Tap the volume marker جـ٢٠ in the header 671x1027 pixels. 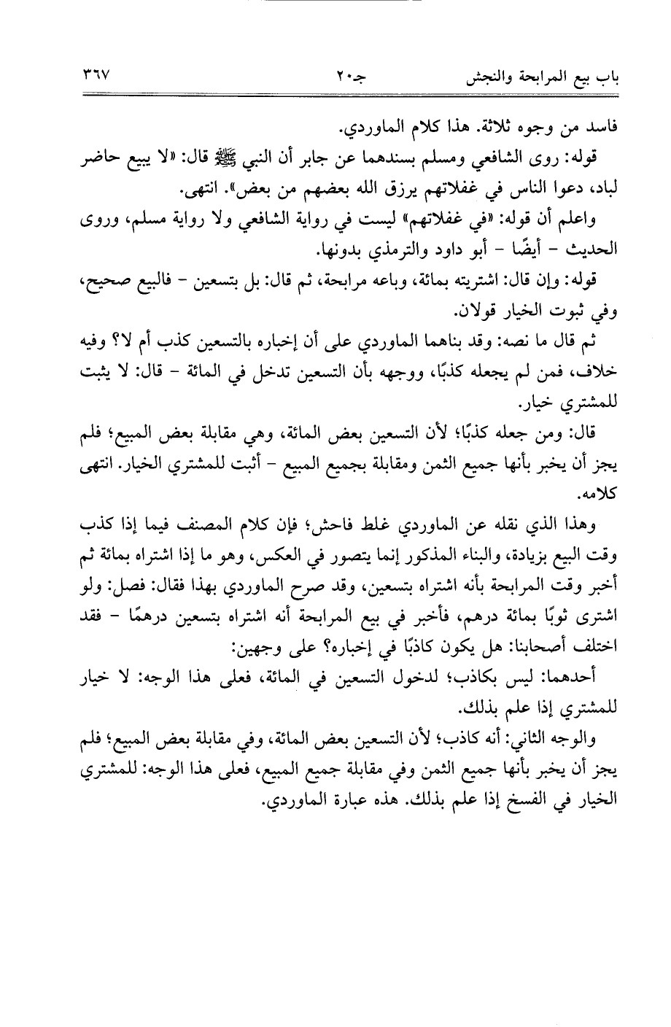click(x=339, y=76)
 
